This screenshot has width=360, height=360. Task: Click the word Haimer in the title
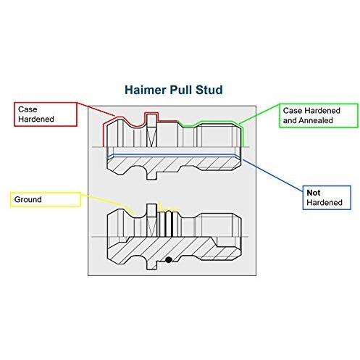click(x=146, y=90)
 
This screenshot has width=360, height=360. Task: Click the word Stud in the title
click(x=209, y=90)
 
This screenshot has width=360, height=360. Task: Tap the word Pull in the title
click(x=181, y=90)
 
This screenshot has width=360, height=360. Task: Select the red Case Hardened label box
click(x=46, y=114)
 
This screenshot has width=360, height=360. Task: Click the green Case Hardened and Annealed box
click(x=319, y=116)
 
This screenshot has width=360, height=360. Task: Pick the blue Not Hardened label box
click(x=327, y=198)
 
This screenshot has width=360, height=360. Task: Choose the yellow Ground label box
click(x=46, y=199)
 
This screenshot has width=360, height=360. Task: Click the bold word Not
click(x=314, y=193)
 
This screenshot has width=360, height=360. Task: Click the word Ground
click(x=28, y=199)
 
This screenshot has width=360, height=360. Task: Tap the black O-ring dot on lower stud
click(x=169, y=260)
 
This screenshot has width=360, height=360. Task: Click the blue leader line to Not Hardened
click(x=273, y=175)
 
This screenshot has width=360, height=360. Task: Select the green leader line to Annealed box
click(x=259, y=114)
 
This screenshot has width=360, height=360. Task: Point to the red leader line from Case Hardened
click(x=96, y=109)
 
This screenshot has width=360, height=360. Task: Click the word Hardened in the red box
click(x=36, y=119)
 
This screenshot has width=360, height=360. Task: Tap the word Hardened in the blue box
click(x=325, y=202)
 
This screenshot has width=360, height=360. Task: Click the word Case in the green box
click(x=292, y=111)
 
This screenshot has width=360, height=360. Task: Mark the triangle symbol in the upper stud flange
click(x=152, y=136)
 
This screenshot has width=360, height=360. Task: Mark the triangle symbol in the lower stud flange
click(x=152, y=227)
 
